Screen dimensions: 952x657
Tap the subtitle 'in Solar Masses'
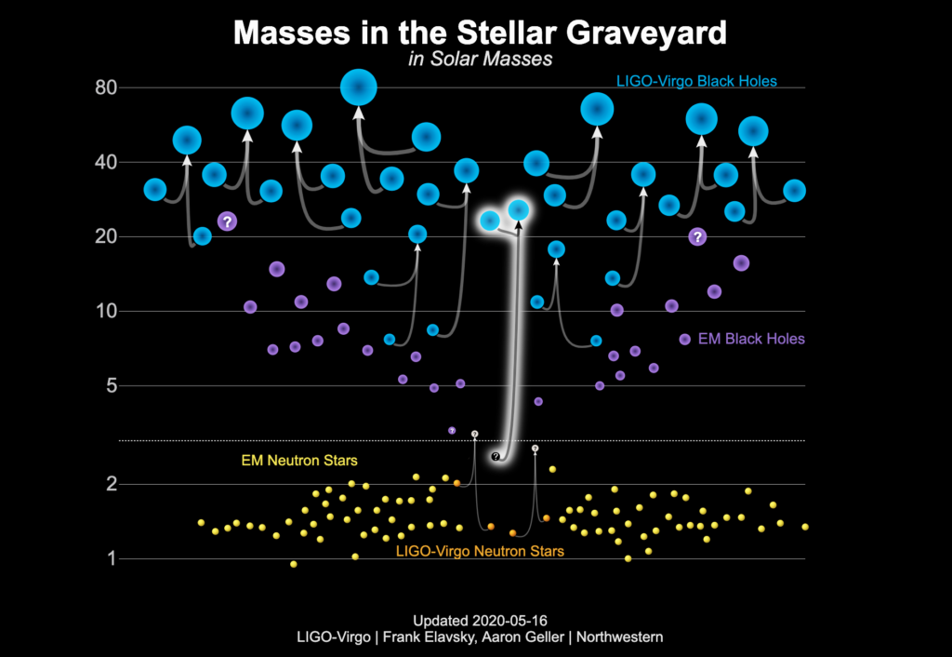[x=481, y=59]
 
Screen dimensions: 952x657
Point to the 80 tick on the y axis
[x=106, y=87]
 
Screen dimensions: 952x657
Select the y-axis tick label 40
[x=106, y=162]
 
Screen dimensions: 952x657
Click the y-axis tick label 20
[x=106, y=236]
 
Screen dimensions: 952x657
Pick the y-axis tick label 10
[x=106, y=311]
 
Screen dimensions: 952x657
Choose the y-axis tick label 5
[x=112, y=385]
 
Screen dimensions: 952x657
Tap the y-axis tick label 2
[x=112, y=485]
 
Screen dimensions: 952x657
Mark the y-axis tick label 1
[x=112, y=558]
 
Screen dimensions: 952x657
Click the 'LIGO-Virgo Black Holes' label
[x=696, y=82]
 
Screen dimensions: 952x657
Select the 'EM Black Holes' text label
[x=751, y=339]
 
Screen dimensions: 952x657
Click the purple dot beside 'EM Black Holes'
[x=685, y=340]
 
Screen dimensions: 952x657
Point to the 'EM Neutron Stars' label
[x=299, y=461]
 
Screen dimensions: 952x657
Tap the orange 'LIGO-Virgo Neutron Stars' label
[x=480, y=551]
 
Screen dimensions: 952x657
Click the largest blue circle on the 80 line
[x=359, y=87]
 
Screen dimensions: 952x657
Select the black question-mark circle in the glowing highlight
[x=496, y=456]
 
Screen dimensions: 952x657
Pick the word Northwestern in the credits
[x=619, y=637]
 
